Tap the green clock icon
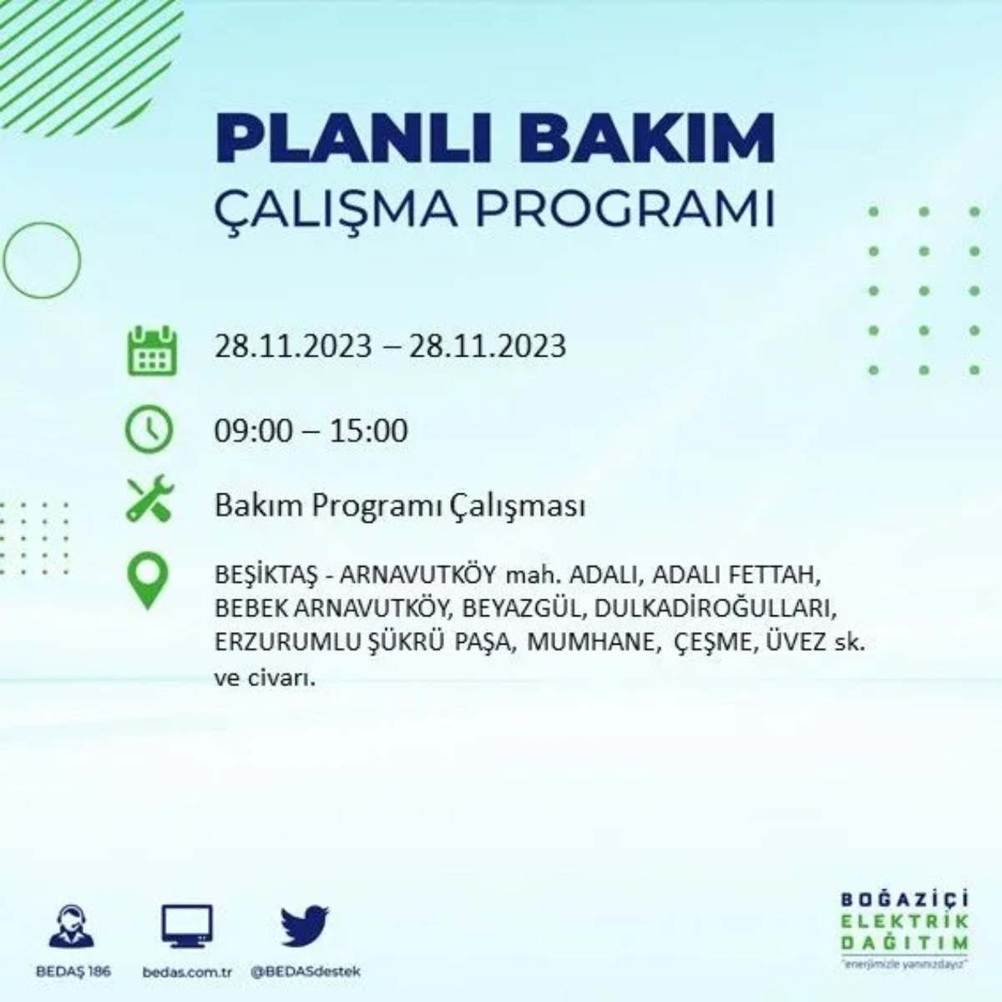coord(149,430)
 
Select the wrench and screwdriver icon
coord(149,499)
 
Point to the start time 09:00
coord(254,431)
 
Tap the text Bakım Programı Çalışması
coord(399,506)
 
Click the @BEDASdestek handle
coord(306,972)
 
